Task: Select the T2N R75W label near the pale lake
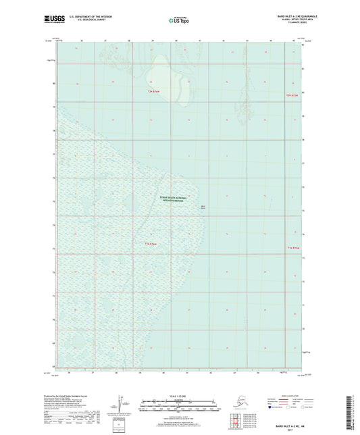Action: click(156, 91)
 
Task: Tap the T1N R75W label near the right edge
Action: click(291, 248)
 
